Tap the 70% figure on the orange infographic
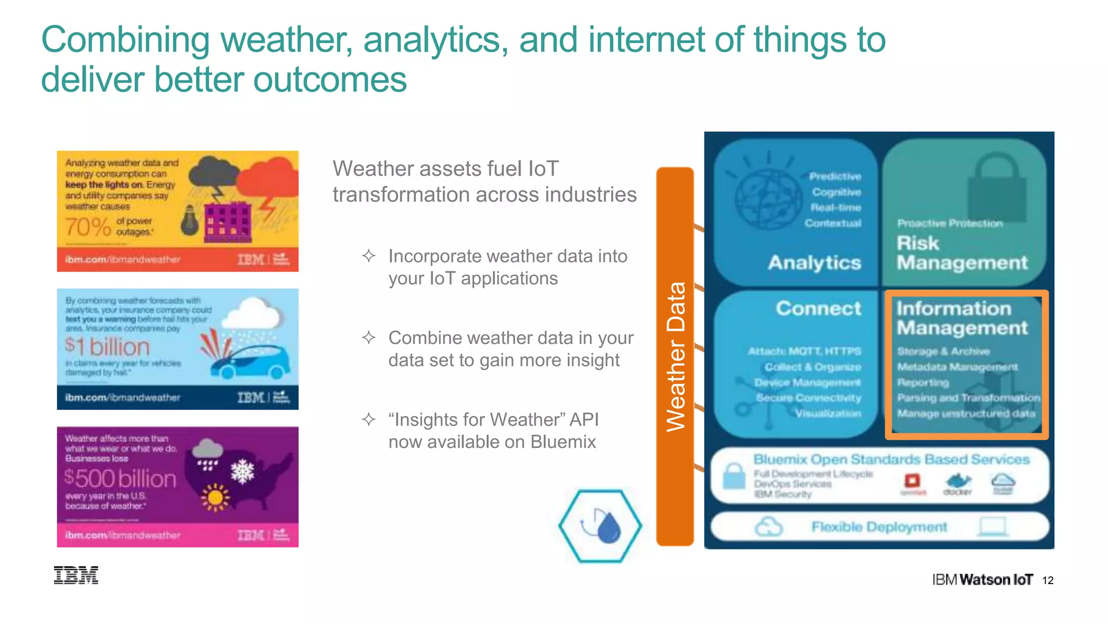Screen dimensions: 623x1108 [88, 227]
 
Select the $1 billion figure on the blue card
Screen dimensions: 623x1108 [107, 346]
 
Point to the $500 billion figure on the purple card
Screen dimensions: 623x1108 [120, 479]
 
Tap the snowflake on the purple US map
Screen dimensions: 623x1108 [242, 472]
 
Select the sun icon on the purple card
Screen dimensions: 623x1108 [215, 497]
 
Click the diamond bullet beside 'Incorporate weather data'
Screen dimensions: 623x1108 [368, 256]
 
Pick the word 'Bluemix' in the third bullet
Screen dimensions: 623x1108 [563, 442]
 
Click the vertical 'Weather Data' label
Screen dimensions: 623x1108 [675, 357]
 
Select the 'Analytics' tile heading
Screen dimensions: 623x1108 [814, 263]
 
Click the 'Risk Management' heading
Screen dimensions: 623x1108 [961, 253]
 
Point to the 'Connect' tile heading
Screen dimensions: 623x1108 [818, 308]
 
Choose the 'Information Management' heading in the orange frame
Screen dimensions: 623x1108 [961, 318]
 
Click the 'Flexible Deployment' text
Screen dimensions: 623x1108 [879, 527]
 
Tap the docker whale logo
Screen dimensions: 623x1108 [958, 481]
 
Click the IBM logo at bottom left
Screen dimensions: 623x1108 [76, 575]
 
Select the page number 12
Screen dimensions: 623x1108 [1048, 580]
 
